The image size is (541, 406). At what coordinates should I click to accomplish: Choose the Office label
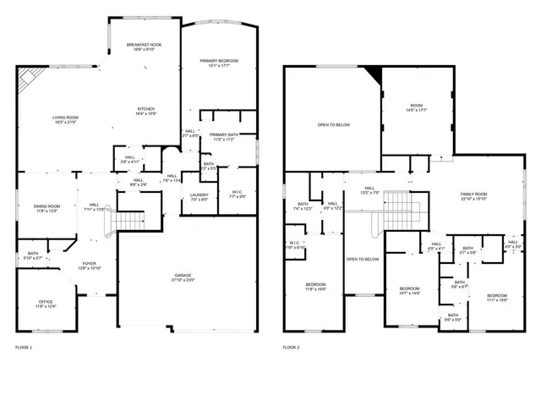click(46, 304)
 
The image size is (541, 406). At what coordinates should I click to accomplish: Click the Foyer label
click(90, 266)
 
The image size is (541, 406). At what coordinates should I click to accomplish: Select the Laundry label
click(199, 197)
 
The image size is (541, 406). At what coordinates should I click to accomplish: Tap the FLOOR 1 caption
click(24, 348)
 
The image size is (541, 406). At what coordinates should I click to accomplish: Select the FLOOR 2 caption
click(292, 348)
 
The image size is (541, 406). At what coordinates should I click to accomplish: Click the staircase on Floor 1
click(128, 221)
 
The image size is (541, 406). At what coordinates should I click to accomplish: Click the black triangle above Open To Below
click(374, 78)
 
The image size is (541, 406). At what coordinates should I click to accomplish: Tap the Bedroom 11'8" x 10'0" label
click(316, 287)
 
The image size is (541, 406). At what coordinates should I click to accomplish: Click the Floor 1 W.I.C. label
click(238, 195)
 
